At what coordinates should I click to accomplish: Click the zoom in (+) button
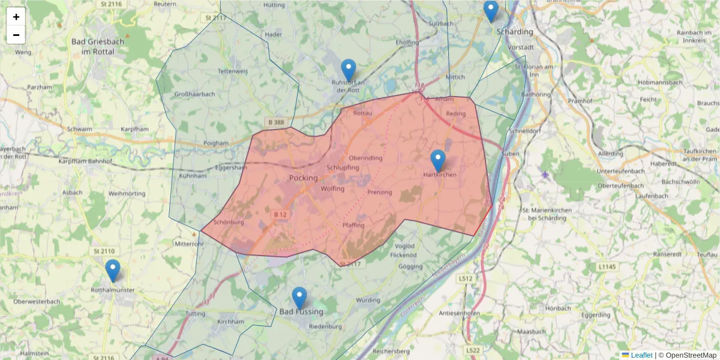click(16, 17)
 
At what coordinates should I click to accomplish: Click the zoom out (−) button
click(16, 35)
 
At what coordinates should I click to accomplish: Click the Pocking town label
click(303, 178)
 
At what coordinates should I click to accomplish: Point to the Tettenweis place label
click(232, 71)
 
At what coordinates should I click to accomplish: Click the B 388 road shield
click(276, 122)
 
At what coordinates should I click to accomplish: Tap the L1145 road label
click(608, 266)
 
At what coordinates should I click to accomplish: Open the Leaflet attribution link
click(641, 355)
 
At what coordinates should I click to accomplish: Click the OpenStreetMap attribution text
click(691, 355)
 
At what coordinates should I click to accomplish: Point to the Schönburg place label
click(229, 222)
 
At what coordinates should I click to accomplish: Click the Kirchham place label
click(230, 322)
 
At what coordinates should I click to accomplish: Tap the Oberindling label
click(365, 158)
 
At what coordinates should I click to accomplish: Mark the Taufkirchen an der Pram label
click(700, 155)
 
